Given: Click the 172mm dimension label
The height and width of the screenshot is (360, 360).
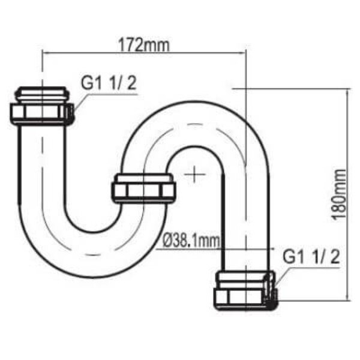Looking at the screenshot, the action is tap(144, 45).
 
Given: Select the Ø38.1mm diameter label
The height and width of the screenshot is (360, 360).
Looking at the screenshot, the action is tap(191, 241).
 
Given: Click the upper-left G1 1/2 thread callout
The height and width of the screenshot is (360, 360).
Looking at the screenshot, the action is tap(109, 83).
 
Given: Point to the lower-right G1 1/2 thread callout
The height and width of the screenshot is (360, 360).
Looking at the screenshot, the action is tap(311, 257).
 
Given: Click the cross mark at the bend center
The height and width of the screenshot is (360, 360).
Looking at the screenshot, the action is tap(194, 174).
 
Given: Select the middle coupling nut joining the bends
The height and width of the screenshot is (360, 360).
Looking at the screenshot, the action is tap(143, 189).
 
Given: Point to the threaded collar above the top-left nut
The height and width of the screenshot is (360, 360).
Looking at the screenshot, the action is tap(41, 95).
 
